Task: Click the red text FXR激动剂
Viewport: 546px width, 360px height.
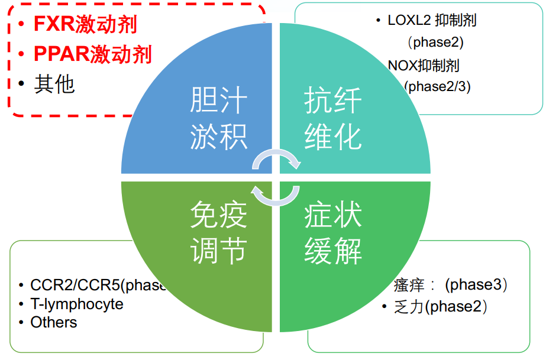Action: point(85,25)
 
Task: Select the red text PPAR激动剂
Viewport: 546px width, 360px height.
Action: point(93,54)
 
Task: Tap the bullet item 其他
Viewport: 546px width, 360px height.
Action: point(54,84)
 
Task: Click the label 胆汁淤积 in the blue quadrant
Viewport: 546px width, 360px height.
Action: point(218,119)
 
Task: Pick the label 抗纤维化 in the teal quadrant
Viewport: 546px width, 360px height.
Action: point(332,119)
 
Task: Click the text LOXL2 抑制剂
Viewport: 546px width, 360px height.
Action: point(432,20)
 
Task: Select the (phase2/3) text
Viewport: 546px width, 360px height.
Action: point(437,86)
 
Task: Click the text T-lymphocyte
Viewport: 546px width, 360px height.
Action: point(77,304)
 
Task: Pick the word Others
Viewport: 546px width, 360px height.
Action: point(54,322)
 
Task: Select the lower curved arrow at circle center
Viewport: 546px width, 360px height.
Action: point(274,196)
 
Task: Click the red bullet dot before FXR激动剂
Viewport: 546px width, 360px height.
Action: point(21,25)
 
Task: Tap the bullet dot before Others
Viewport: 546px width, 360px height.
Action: point(21,323)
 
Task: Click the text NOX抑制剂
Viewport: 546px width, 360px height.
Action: point(424,65)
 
